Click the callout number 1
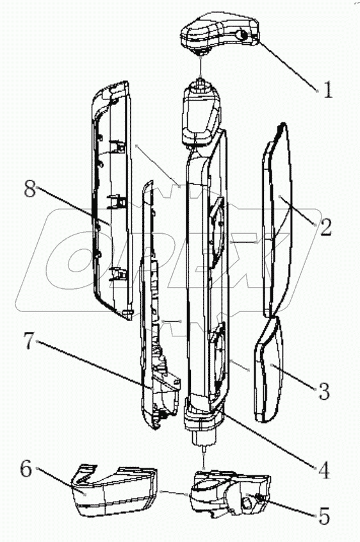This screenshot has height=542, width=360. tap(328, 90)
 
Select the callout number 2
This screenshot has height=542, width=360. tap(325, 227)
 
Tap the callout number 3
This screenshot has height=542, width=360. tap(323, 391)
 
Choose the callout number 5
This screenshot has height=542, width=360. tap(323, 516)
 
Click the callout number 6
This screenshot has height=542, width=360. tap(26, 470)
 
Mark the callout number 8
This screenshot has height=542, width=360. tap(29, 189)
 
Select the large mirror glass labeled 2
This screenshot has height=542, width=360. tap(277, 221)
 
